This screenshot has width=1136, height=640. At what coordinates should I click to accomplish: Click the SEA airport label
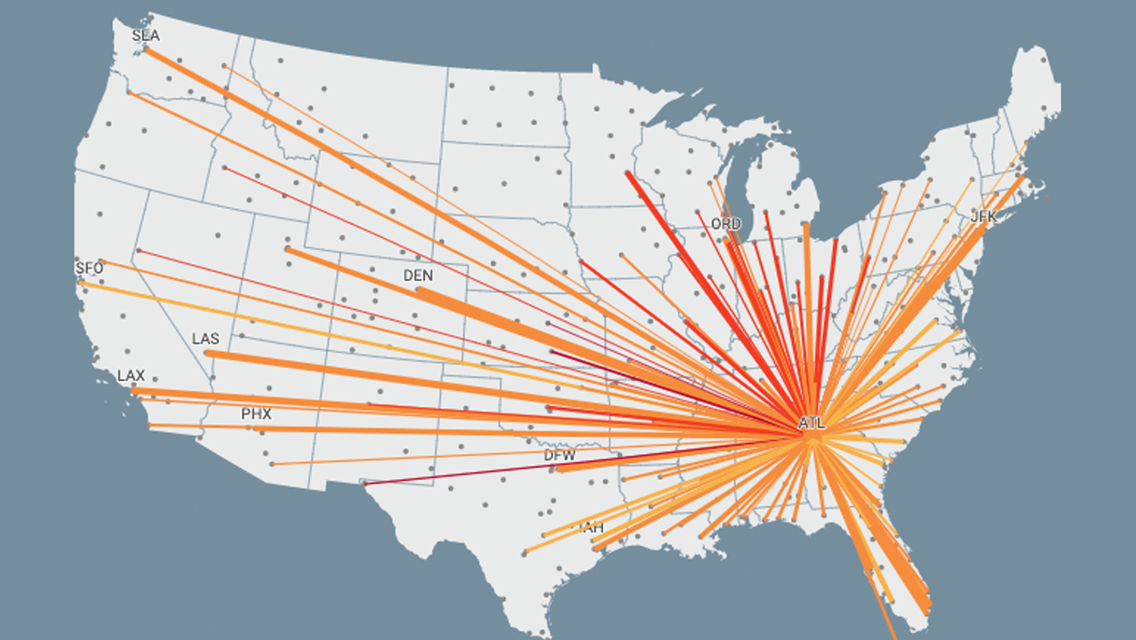click(145, 36)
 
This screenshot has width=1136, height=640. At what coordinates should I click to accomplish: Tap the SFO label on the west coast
click(89, 268)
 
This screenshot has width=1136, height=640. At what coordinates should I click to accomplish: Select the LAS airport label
click(205, 339)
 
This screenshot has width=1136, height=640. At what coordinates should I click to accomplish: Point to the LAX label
click(131, 376)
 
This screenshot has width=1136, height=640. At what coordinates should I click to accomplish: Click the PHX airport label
click(256, 414)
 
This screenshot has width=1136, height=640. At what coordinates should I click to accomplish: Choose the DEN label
click(418, 276)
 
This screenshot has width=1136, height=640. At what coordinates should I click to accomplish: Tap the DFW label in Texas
click(560, 455)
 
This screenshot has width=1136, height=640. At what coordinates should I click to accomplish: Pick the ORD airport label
click(726, 224)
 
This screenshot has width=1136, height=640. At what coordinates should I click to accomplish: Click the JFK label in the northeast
click(984, 217)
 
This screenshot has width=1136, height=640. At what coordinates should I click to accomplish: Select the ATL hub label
click(811, 423)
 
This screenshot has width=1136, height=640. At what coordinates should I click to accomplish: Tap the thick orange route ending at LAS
click(379, 375)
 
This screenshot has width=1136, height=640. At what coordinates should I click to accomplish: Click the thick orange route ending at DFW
click(644, 457)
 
